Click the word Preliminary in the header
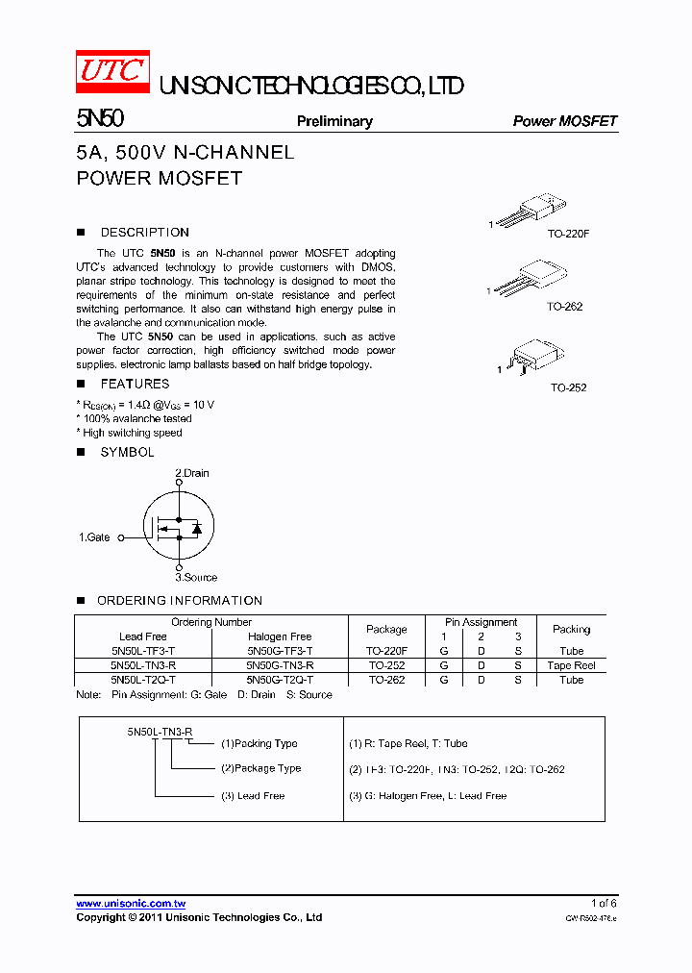334,121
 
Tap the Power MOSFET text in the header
565,121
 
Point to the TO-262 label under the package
565,307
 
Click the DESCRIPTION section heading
144,233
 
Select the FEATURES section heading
135,385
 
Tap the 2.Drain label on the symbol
191,473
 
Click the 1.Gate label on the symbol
94,537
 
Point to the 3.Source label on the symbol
196,578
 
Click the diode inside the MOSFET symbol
196,529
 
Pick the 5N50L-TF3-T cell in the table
143,651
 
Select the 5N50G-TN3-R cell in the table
280,665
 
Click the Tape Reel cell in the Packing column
571,665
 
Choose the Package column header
386,630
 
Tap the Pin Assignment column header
481,622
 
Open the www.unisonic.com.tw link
131,904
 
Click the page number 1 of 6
604,904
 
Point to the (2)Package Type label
260,768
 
